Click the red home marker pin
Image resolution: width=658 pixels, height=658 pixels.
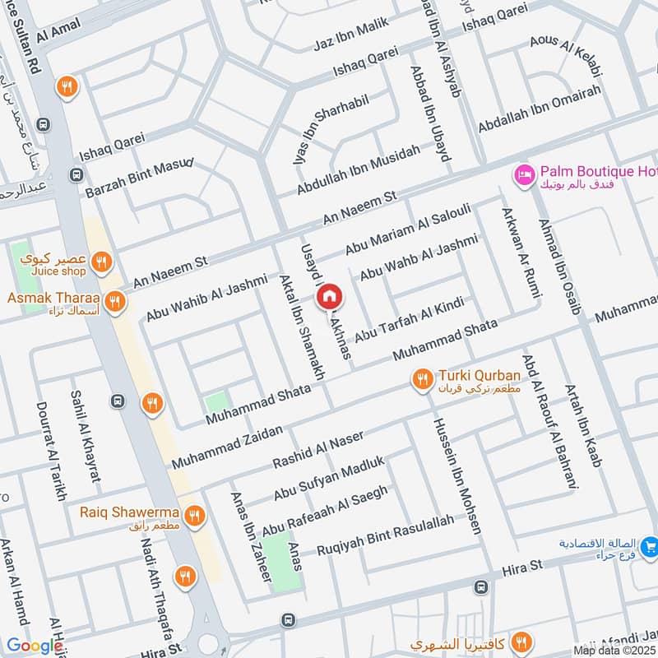pos(329,296)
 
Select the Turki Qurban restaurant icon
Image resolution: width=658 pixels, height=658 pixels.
pos(423,379)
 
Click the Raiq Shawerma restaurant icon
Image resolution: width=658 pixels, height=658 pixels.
pos(194,517)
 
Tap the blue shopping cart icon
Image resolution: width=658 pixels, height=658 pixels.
pos(650,545)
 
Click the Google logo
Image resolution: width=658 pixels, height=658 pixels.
pos(34,646)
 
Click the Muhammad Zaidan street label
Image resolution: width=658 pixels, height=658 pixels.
pos(227,448)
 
